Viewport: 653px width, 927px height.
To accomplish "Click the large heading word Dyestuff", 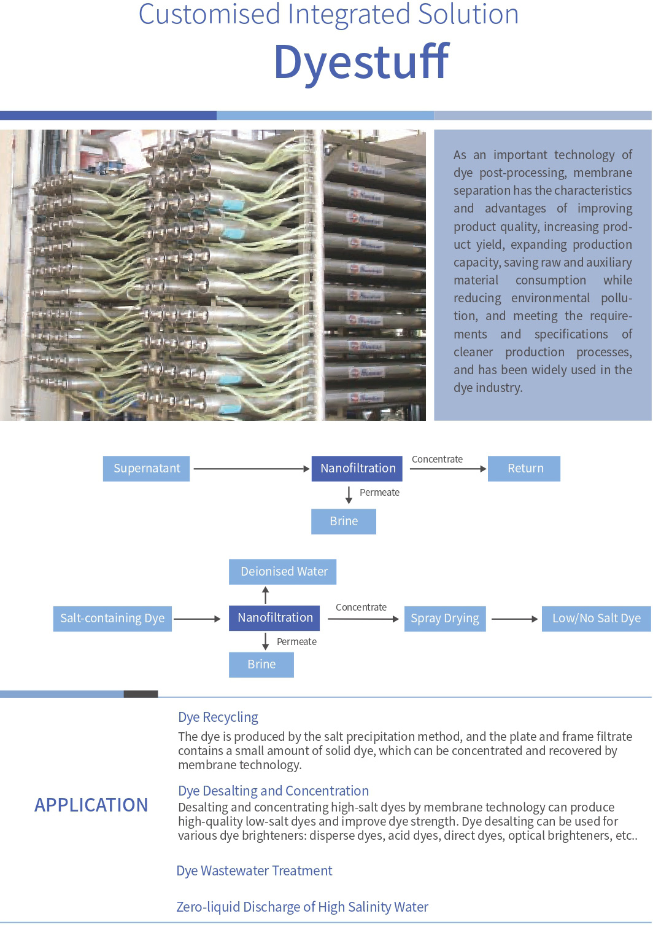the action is click(x=361, y=62).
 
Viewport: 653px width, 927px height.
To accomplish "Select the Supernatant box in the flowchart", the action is click(x=147, y=469).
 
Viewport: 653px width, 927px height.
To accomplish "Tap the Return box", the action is click(x=524, y=469).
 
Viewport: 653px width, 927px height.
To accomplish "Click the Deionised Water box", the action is click(x=282, y=571).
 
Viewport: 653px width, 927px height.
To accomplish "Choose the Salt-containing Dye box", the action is click(x=112, y=619).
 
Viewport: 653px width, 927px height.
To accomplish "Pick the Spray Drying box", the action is click(x=445, y=619).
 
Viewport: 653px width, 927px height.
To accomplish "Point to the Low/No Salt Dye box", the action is click(x=597, y=619).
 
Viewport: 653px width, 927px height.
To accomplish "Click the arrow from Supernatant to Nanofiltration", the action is click(x=252, y=469).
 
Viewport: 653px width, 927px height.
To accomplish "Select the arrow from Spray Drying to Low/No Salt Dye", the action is click(x=515, y=619).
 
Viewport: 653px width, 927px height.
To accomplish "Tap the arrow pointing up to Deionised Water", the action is click(x=266, y=595).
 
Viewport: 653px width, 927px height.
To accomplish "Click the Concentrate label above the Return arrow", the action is click(x=437, y=459).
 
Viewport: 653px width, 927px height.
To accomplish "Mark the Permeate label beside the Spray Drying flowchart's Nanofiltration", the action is click(x=296, y=641).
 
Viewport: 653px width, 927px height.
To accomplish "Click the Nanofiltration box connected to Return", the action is click(x=357, y=469).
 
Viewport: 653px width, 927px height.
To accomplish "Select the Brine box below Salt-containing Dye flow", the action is click(x=261, y=665).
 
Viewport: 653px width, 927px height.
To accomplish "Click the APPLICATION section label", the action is click(x=91, y=805).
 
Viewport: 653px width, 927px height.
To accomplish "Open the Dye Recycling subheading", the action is click(x=218, y=717).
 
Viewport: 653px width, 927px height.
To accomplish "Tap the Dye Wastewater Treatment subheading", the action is click(x=254, y=870).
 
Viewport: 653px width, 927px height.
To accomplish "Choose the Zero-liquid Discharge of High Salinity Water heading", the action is click(x=303, y=907).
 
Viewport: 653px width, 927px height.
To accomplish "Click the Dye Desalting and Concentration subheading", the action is click(x=273, y=791).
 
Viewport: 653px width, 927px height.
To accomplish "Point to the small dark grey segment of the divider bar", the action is click(x=141, y=694).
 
